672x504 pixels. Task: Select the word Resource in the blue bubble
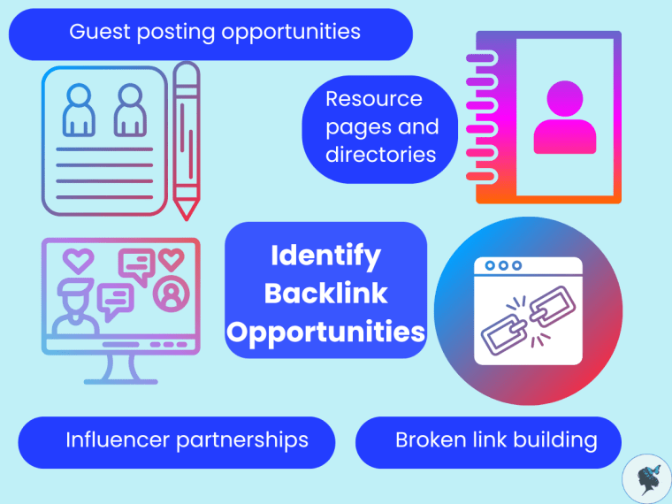pos(374,99)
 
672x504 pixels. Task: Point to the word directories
pos(381,155)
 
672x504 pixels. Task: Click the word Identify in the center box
pos(325,256)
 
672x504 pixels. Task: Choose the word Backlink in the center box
pos(326,294)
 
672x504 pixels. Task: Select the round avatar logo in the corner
pos(646,478)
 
